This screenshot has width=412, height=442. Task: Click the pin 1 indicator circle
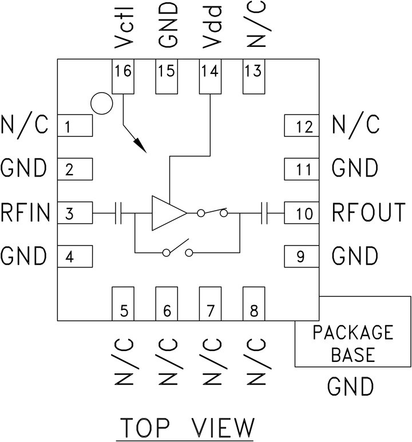coord(101,104)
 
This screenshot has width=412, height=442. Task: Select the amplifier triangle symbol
coord(168,214)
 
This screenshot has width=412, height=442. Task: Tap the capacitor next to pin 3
coord(119,214)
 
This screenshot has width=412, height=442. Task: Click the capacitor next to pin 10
coord(264,214)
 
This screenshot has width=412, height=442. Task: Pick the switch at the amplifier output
coord(212,213)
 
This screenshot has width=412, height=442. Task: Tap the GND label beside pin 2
coord(24,169)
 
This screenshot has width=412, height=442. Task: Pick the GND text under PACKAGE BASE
coord(351,386)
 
